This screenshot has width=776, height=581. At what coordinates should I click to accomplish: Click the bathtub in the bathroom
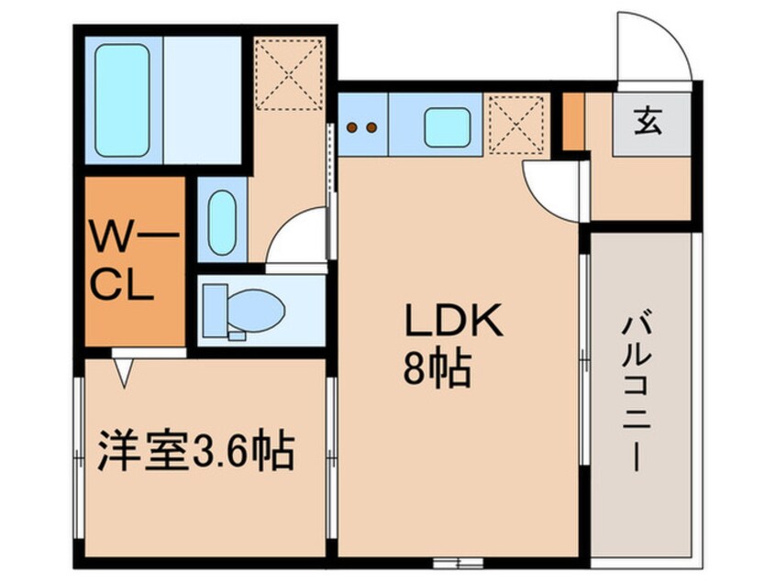pos(123,100)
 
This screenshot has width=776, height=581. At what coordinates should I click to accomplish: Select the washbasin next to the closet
pos(222,223)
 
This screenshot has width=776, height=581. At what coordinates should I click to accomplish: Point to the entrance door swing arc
pos(652,46)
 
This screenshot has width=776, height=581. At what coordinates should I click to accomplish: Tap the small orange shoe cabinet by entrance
pos(573,121)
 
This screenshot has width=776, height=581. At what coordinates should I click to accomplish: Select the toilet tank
pos(215,310)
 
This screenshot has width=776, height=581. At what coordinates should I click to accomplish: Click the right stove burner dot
pos(372,127)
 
